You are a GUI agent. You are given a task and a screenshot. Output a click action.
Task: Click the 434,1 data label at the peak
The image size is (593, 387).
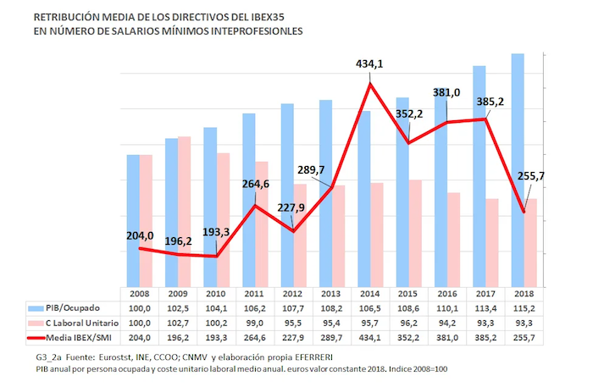pyautogui.click(x=372, y=63)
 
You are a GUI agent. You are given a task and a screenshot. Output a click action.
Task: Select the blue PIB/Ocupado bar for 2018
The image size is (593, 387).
pyautogui.click(x=518, y=169)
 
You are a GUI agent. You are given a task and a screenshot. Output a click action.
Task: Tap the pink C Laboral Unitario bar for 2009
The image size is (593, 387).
pyautogui.click(x=184, y=212)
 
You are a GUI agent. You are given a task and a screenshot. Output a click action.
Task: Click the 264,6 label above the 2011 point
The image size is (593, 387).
pyautogui.click(x=256, y=185)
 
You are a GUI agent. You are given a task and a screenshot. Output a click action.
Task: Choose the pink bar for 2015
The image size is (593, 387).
pyautogui.click(x=416, y=234)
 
